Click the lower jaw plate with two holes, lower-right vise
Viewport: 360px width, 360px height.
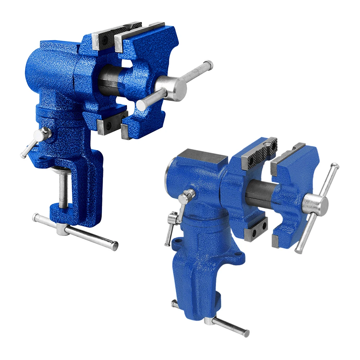[x=257, y=230]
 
